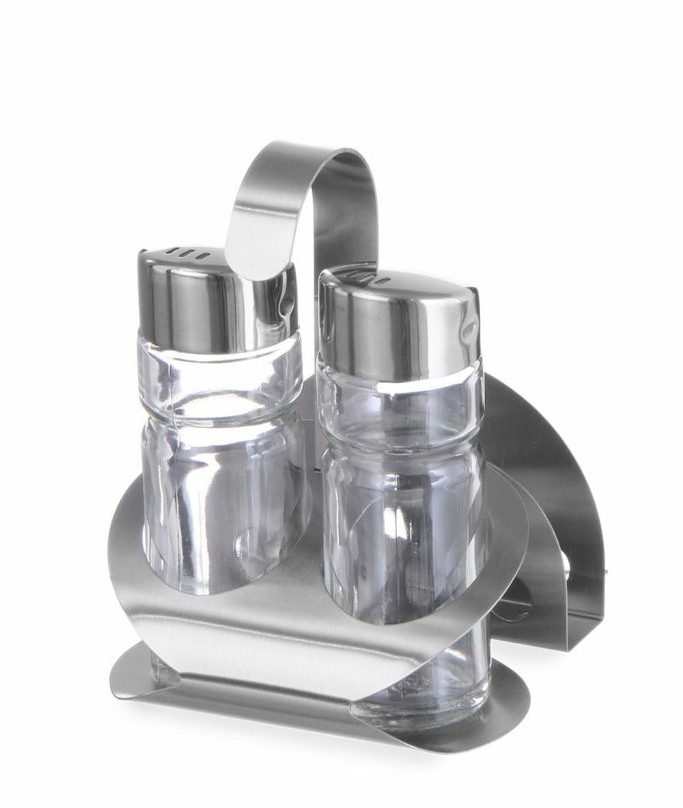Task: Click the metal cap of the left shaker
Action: (x=198, y=301)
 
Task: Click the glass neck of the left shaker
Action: (x=219, y=382)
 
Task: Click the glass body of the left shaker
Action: (x=219, y=505)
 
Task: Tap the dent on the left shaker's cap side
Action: (x=283, y=301)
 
